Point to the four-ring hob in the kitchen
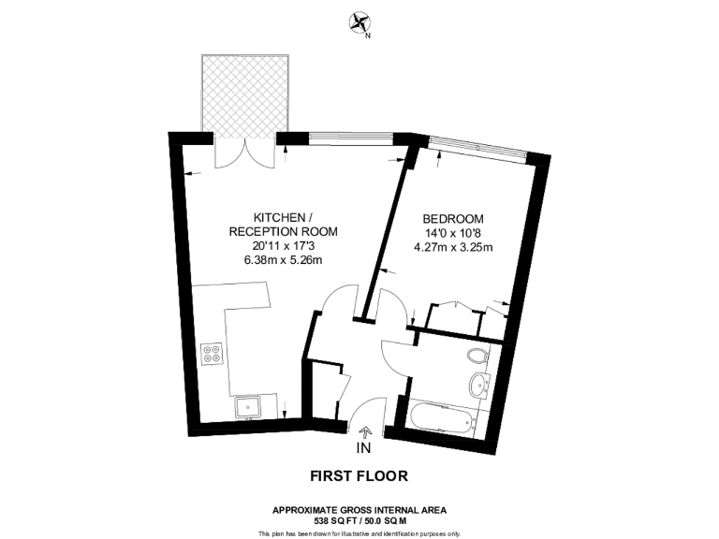coord(212,354)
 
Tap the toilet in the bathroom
coord(478,355)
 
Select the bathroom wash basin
coord(480,383)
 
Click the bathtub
coord(440,417)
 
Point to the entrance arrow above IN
coord(365,431)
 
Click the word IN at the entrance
coord(364,448)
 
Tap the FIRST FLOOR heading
coord(359,475)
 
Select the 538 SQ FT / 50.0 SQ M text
coord(359,519)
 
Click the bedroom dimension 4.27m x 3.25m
coord(453,248)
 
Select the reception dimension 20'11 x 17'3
coord(283,245)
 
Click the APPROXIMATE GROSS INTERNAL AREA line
coord(359,509)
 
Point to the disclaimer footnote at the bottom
coord(359,532)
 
